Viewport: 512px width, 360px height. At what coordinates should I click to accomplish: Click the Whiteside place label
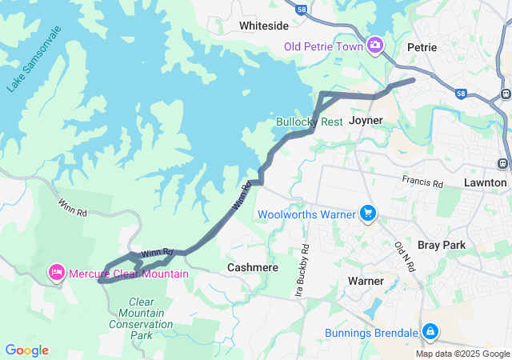(264, 26)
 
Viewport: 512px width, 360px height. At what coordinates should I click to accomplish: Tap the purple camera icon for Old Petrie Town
(375, 45)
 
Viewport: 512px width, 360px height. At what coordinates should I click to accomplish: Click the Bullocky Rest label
(309, 122)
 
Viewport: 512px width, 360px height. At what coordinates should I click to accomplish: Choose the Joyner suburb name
(366, 120)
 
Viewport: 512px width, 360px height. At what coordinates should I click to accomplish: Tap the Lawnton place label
(485, 182)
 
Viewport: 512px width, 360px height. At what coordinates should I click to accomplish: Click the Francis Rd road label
(422, 182)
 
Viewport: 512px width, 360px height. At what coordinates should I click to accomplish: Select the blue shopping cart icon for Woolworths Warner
(368, 214)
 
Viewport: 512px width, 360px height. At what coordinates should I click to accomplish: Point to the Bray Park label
(441, 244)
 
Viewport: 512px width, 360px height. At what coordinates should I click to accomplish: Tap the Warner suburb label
(366, 281)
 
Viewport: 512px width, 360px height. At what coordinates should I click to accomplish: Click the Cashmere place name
(253, 267)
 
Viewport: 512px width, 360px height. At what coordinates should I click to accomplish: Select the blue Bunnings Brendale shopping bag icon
(430, 331)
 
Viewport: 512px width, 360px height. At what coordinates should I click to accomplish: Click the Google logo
(26, 350)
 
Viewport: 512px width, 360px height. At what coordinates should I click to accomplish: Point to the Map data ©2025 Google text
(462, 354)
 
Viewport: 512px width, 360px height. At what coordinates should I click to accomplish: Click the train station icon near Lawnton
(503, 163)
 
